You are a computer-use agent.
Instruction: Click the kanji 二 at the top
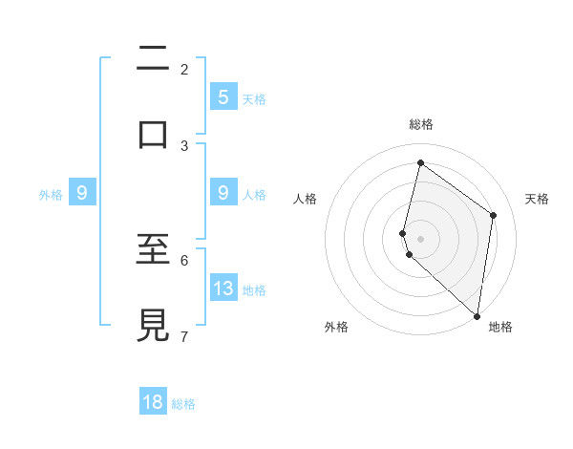[x=154, y=60]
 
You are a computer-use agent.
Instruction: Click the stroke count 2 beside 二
[x=184, y=69]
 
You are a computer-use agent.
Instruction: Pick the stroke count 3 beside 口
[x=184, y=146]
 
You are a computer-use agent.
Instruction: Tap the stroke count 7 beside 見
[x=184, y=336]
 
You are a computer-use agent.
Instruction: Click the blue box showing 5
[x=223, y=96]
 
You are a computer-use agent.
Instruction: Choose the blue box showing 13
[x=223, y=288]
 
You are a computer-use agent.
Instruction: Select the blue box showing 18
[x=153, y=402]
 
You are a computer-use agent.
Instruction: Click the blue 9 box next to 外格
[x=82, y=193]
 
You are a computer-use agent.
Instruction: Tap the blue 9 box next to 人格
[x=223, y=193]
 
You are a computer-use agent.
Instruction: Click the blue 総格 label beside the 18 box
[x=183, y=404]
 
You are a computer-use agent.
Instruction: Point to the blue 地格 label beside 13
[x=254, y=289]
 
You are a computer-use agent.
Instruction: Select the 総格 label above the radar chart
[x=420, y=124]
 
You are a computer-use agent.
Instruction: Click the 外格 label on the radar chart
[x=336, y=327]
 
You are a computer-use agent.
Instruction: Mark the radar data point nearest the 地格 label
[x=477, y=315]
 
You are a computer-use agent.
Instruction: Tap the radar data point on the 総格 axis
[x=420, y=162]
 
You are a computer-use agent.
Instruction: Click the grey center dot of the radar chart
[x=420, y=238]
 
